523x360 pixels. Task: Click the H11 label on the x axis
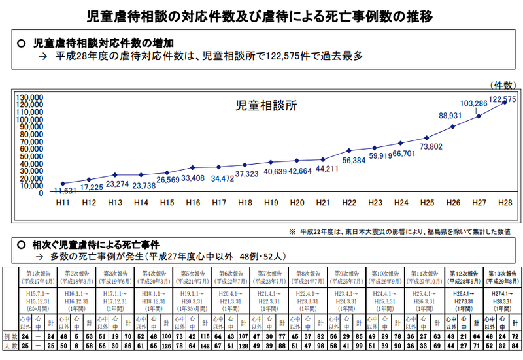(63, 203)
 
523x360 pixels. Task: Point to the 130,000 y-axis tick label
(29, 97)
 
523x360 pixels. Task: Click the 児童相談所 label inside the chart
(266, 105)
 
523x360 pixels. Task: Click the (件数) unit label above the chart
(503, 84)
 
